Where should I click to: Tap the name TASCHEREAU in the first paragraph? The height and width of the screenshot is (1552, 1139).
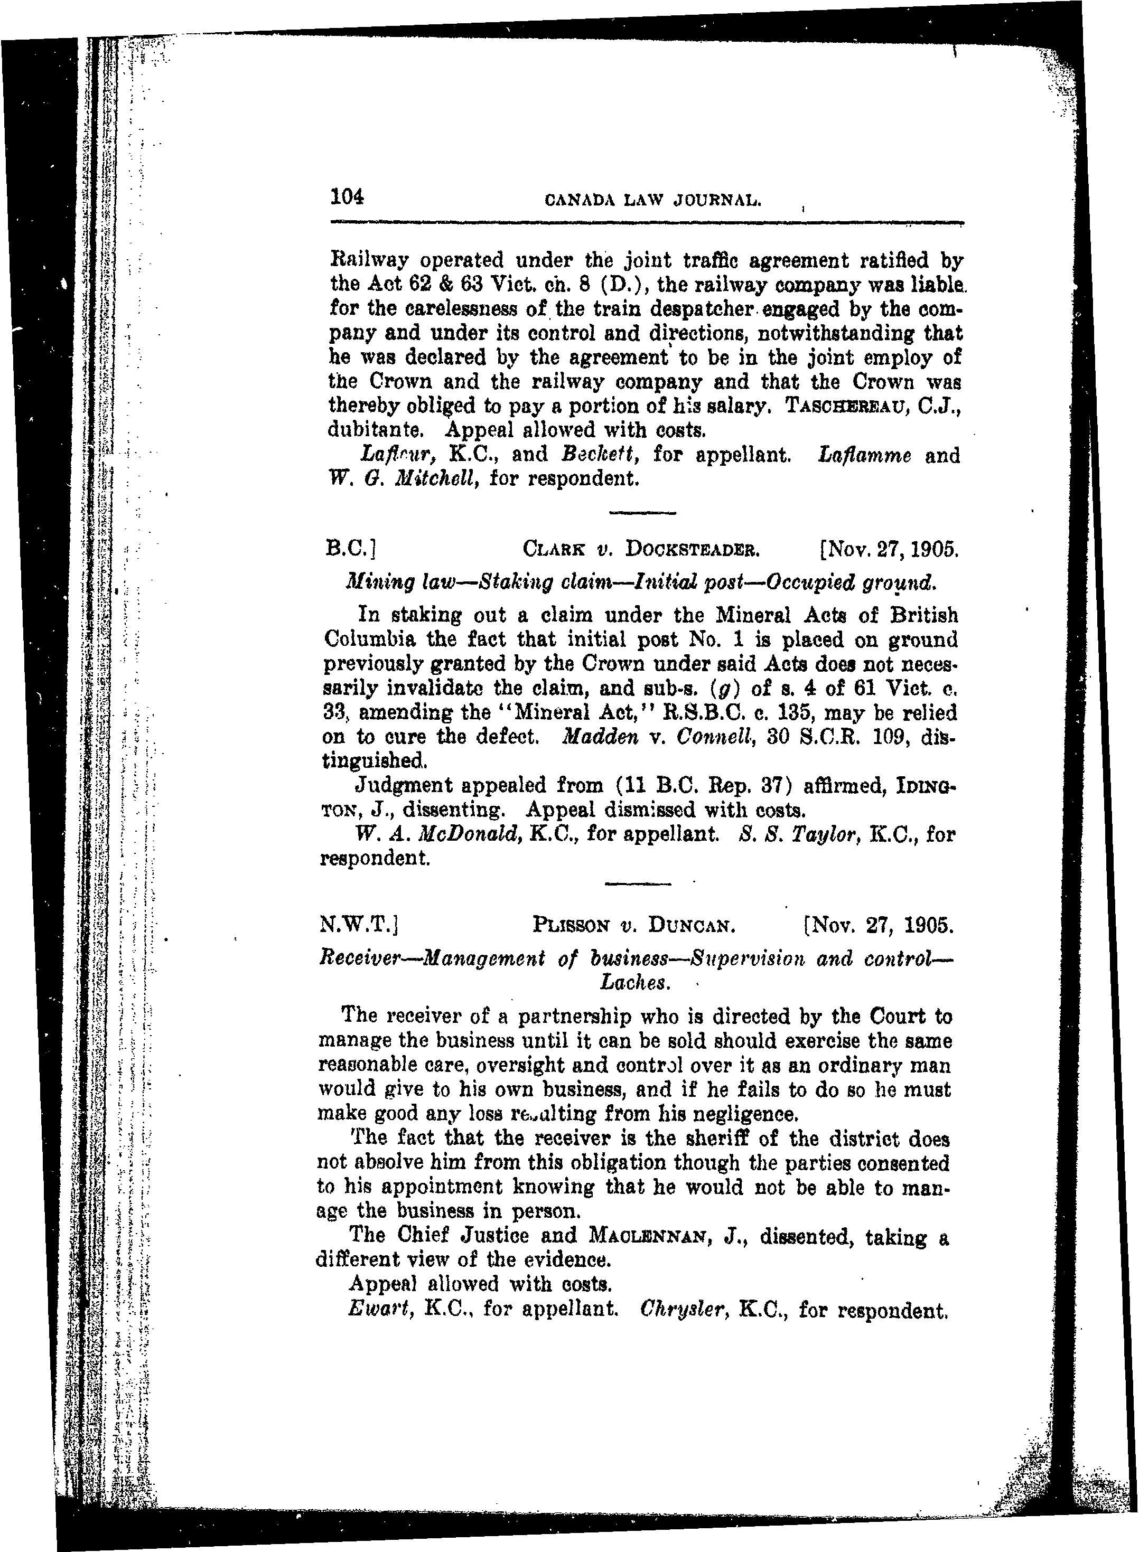click(848, 406)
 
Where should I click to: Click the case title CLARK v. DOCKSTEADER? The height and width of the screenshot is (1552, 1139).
click(641, 550)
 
